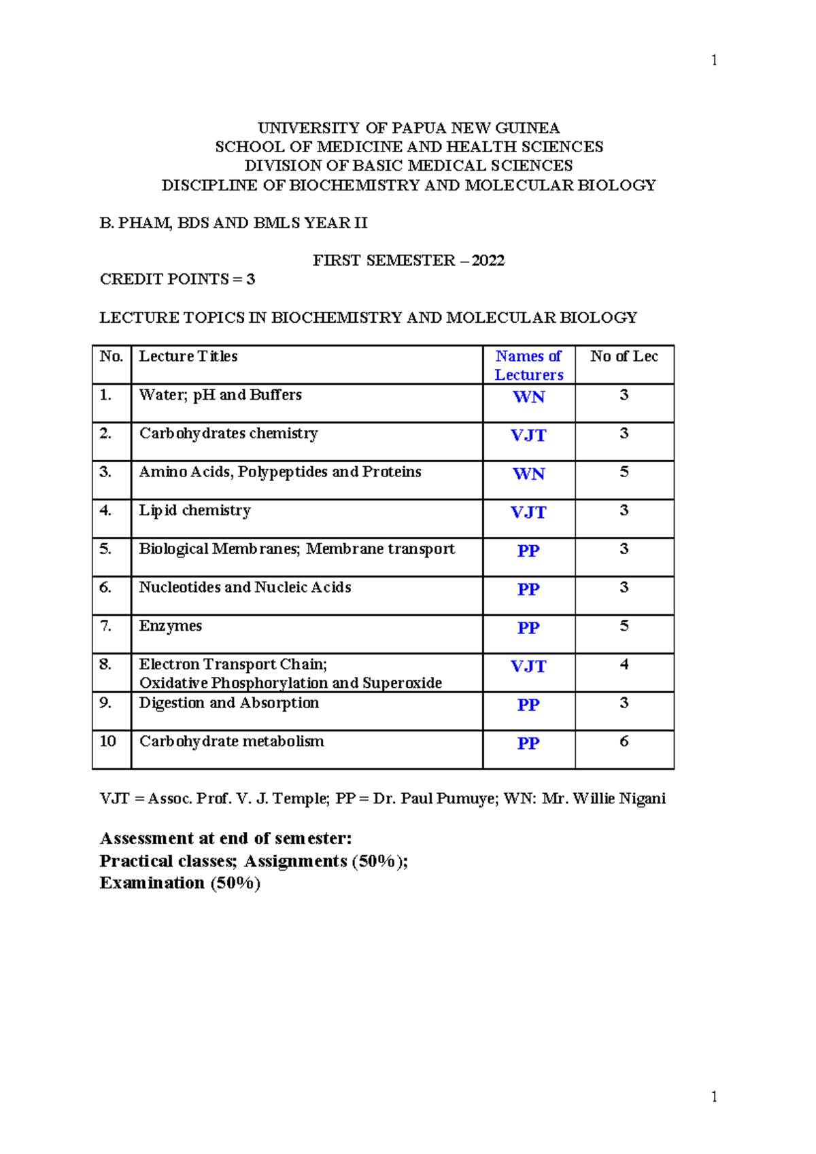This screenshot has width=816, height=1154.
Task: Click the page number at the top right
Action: click(x=713, y=60)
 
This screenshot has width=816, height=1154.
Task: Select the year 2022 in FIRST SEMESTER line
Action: click(x=488, y=260)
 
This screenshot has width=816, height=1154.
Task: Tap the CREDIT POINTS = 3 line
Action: click(x=177, y=279)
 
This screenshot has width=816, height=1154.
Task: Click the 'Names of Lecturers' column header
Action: click(x=528, y=366)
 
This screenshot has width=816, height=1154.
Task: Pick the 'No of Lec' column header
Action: click(x=624, y=356)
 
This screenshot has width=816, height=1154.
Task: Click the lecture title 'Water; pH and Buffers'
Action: click(x=220, y=395)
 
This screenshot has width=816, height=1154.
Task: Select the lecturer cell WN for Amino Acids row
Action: click(x=528, y=474)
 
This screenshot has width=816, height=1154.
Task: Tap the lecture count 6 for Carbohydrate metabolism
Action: click(x=624, y=741)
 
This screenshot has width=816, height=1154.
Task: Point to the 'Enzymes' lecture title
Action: click(x=171, y=626)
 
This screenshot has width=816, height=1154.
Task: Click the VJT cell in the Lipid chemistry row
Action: click(x=528, y=512)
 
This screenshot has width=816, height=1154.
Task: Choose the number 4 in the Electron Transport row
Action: click(x=624, y=664)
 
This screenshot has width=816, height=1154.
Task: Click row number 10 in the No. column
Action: click(x=108, y=741)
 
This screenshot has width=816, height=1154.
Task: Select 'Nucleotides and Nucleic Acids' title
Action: click(x=245, y=587)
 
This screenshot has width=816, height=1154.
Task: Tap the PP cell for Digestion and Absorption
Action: click(x=528, y=705)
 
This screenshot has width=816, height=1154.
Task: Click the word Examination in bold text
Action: click(x=152, y=883)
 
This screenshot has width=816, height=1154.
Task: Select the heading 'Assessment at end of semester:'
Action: click(x=226, y=839)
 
